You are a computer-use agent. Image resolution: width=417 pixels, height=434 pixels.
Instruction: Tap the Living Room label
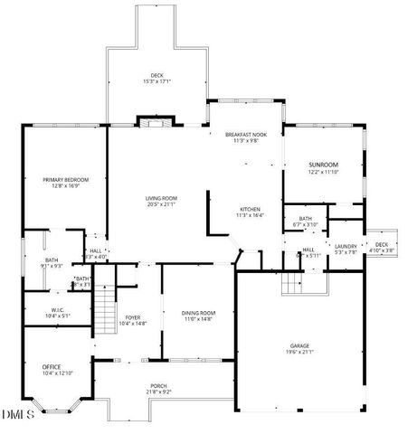(x=162, y=198)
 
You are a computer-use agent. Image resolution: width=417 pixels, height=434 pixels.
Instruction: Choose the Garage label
(x=299, y=346)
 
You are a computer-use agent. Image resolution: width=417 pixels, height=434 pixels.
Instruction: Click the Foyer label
(x=133, y=317)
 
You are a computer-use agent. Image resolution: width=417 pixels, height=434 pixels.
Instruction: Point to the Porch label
(x=157, y=386)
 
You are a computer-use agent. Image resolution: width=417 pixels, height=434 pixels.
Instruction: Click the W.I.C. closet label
(x=57, y=310)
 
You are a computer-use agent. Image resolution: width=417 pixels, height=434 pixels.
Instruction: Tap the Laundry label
(x=346, y=246)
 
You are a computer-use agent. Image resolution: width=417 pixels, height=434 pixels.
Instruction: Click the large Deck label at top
(x=157, y=75)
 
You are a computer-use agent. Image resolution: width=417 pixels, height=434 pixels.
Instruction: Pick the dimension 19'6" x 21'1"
(x=299, y=354)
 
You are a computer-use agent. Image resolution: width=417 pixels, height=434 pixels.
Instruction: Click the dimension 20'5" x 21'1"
(x=162, y=204)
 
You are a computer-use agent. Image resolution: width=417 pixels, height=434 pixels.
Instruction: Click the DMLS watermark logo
(x=19, y=415)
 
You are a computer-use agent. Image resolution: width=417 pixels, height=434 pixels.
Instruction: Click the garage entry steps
(x=292, y=286)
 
